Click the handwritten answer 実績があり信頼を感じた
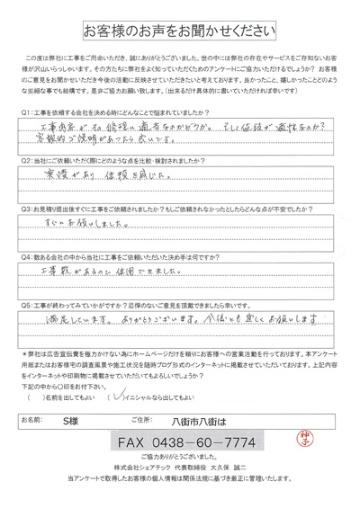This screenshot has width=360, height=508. (106, 179)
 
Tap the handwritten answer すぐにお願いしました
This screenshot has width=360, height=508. (85, 227)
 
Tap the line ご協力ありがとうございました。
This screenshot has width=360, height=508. (180, 465)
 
